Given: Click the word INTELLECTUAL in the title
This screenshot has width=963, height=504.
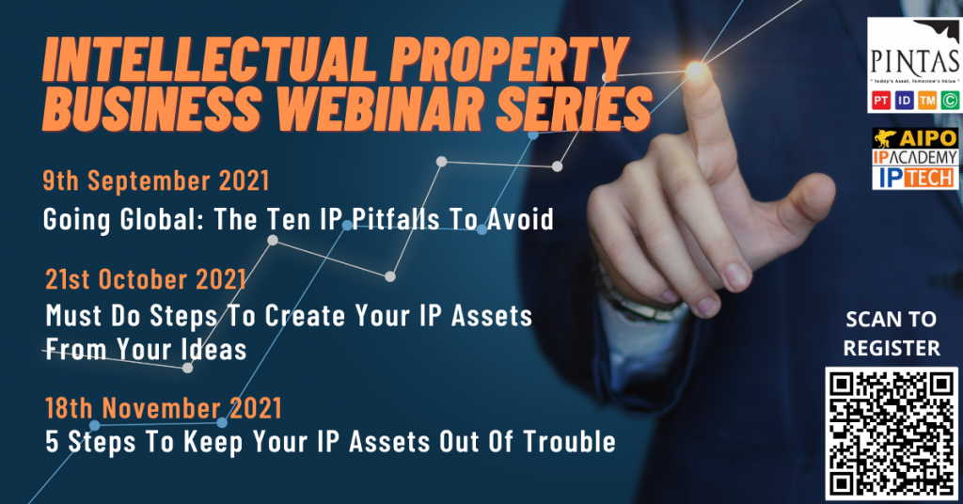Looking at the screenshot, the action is point(206,60).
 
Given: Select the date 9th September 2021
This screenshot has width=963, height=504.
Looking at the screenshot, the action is point(156,181).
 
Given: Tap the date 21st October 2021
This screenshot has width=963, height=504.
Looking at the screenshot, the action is point(146,279).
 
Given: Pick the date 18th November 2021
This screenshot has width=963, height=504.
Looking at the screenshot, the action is point(164,408).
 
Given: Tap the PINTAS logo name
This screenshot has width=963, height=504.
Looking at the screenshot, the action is point(914,61).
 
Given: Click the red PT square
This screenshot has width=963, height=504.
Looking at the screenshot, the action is point(881,100).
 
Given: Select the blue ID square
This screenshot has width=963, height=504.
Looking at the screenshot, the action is point(904,100).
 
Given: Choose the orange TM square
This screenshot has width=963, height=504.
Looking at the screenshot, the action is point(926,100).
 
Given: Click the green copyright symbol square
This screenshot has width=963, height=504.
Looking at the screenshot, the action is point(950,100).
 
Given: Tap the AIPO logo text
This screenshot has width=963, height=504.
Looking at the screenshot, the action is point(927,138).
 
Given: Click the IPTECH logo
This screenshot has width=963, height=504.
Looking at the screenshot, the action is point(915,178).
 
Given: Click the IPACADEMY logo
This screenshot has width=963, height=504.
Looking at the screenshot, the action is point(915,157).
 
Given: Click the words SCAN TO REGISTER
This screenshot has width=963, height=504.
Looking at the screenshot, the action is point(892,334).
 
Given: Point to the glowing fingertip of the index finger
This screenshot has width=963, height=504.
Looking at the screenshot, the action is point(697,71).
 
